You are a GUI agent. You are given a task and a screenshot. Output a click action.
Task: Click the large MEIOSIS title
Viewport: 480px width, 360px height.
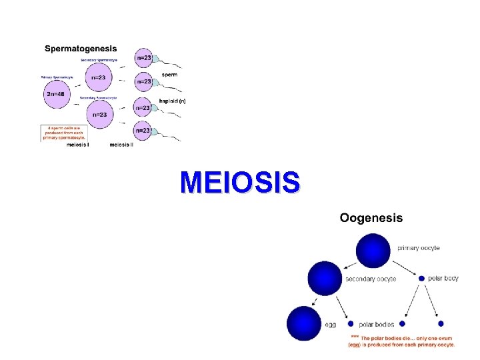pyautogui.click(x=240, y=182)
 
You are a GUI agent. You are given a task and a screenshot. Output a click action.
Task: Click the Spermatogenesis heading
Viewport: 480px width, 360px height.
pyautogui.click(x=81, y=48)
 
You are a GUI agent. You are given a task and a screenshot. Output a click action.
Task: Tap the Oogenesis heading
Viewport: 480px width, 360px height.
pyautogui.click(x=371, y=218)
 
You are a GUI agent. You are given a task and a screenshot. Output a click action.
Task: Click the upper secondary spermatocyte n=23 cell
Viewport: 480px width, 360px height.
pyautogui.click(x=98, y=77)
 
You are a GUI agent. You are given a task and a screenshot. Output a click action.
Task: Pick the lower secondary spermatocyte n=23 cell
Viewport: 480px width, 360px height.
pyautogui.click(x=99, y=114)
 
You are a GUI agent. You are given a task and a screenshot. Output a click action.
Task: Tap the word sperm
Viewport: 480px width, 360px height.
pyautogui.click(x=169, y=75)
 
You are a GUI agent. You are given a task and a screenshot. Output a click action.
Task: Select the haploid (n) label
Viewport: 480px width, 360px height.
pyautogui.click(x=172, y=101)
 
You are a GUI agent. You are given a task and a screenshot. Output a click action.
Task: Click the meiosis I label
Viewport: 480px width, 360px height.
pyautogui.click(x=79, y=145)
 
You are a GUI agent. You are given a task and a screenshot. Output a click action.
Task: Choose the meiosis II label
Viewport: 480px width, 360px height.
pyautogui.click(x=121, y=145)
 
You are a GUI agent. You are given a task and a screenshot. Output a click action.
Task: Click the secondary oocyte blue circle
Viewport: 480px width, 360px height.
pyautogui.click(x=325, y=279)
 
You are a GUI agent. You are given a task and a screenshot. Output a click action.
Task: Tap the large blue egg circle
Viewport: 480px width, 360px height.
pyautogui.click(x=305, y=323)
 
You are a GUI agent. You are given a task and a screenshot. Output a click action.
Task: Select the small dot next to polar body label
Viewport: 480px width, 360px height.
pyautogui.click(x=421, y=278)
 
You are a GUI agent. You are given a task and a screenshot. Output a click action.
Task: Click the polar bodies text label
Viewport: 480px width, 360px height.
pyautogui.click(x=377, y=325)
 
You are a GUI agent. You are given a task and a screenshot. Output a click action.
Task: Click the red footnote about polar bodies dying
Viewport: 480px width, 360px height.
pyautogui.click(x=402, y=341)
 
